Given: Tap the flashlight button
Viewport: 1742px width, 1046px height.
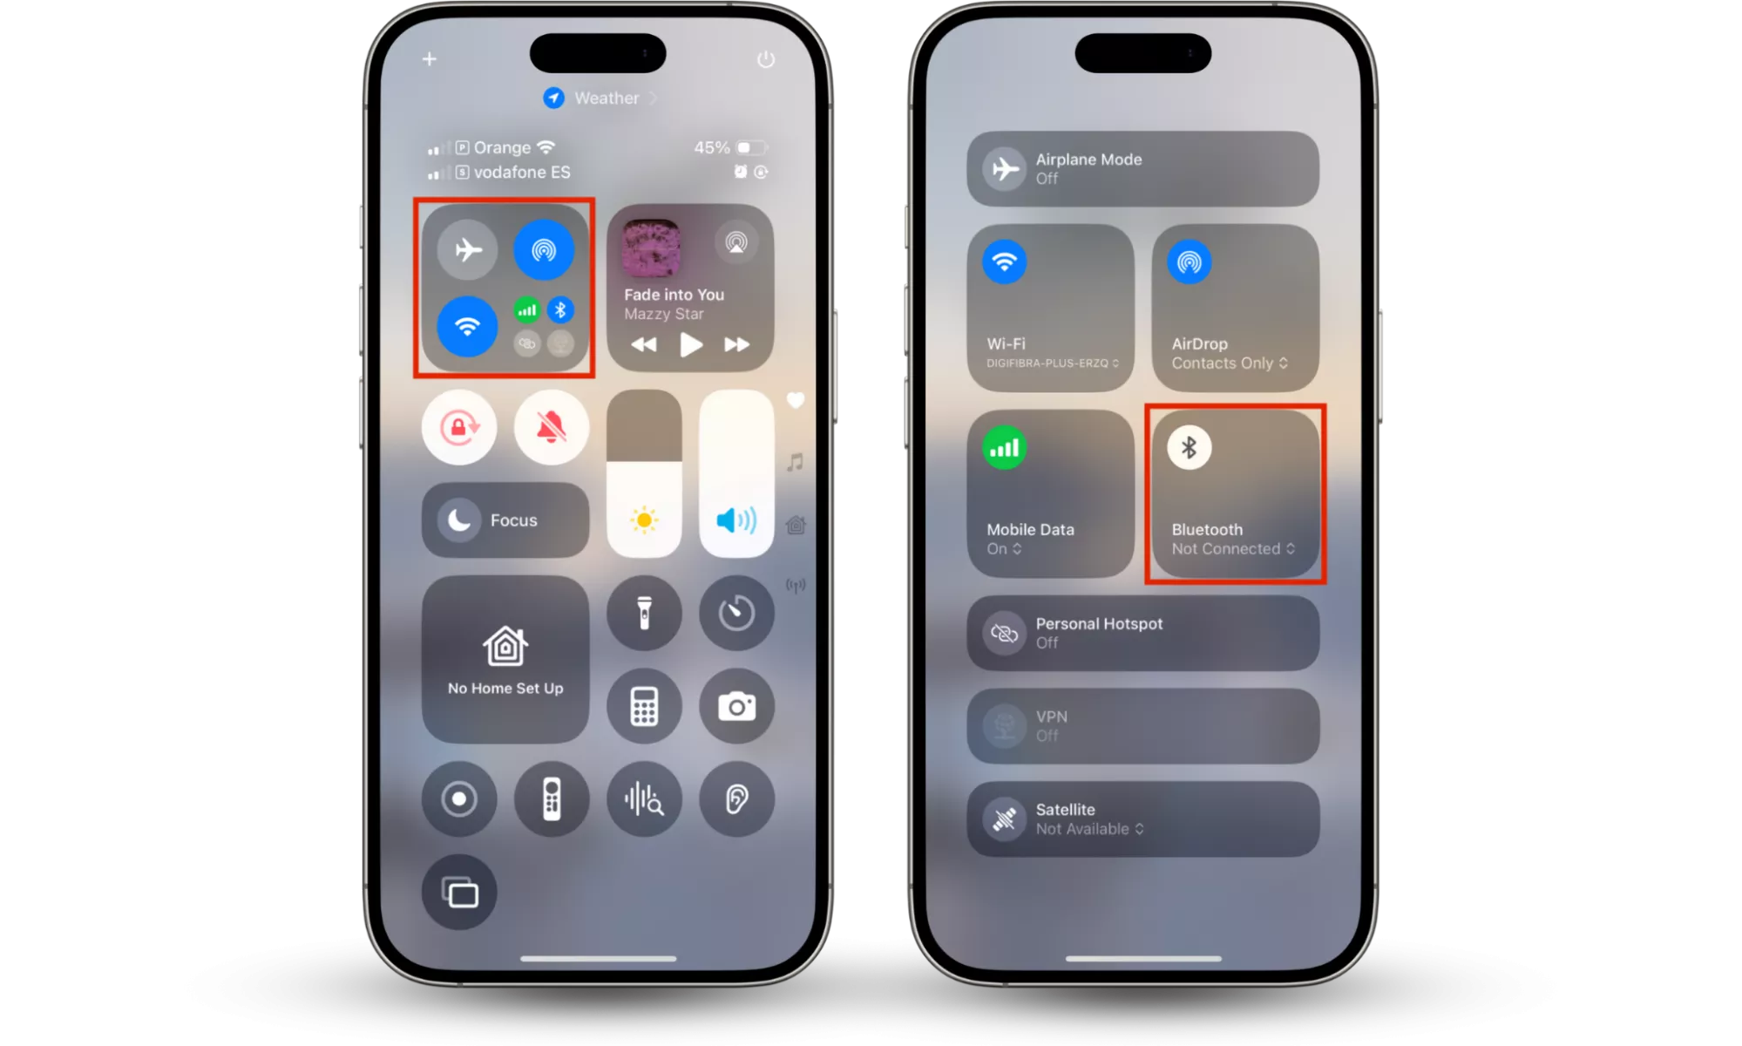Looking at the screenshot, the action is [644, 613].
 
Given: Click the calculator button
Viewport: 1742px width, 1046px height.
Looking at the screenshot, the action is [644, 706].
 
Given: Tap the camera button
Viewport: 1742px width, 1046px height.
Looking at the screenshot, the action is [736, 706].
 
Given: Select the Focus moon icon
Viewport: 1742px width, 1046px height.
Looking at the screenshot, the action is [459, 520].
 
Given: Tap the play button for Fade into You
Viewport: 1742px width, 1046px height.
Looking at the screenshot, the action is [691, 344].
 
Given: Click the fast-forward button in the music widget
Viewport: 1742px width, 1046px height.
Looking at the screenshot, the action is [736, 344].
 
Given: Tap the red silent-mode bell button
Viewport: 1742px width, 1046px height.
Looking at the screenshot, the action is [552, 427].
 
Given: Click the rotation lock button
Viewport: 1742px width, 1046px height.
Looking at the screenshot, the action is [459, 427].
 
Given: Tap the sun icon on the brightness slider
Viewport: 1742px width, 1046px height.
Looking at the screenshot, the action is [644, 520].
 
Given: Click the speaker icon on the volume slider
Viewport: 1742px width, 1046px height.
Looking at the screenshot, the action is [736, 520].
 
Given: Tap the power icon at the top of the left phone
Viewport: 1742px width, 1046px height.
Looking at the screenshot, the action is [766, 59].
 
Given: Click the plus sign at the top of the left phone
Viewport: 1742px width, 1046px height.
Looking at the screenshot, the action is [430, 59].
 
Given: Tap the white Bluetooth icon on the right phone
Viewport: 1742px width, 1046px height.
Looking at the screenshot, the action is [1189, 448].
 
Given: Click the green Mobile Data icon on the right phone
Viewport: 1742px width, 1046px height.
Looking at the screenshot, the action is [1004, 448].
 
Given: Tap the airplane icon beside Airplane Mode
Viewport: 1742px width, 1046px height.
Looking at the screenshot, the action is [1005, 168].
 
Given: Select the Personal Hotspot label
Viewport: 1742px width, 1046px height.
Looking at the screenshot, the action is [1099, 623].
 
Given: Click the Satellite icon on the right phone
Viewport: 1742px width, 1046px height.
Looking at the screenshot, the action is [1005, 818].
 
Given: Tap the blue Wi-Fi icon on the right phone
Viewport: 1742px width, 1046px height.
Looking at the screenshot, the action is [1004, 261].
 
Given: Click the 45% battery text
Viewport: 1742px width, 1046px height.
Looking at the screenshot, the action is [712, 147].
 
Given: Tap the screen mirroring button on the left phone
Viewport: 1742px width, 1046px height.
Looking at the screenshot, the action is [459, 892].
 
